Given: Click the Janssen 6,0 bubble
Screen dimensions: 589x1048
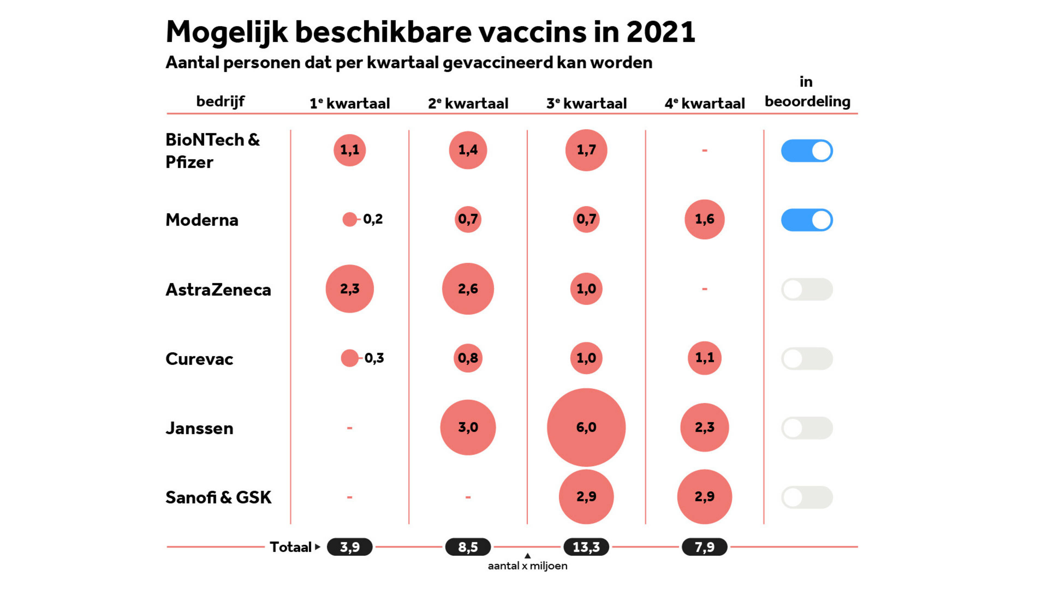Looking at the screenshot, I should (x=586, y=427).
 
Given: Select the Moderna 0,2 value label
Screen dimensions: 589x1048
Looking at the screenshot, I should (x=373, y=219).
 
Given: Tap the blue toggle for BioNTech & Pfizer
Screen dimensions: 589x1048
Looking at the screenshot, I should (x=807, y=151).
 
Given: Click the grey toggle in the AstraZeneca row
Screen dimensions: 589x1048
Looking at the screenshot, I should (x=807, y=289).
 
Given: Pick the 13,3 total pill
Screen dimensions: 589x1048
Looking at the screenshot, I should (x=586, y=547).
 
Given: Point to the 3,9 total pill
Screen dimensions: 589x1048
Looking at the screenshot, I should (x=349, y=547).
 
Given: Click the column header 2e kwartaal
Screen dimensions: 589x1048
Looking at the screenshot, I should (x=468, y=103).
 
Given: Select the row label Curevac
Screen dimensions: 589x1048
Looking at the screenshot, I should (x=199, y=359).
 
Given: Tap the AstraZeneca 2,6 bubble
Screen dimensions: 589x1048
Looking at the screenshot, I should (x=468, y=289).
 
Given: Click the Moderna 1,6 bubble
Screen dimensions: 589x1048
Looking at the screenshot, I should (x=704, y=219).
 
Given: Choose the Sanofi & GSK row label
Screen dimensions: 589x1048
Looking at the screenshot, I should (x=218, y=497).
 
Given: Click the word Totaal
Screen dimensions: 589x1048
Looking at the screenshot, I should (x=290, y=547).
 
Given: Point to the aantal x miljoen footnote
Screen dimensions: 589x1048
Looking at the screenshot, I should (x=527, y=566).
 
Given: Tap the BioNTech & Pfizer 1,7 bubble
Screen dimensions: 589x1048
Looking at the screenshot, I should (x=586, y=150).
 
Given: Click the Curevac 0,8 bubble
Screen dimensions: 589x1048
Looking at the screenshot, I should (x=468, y=358).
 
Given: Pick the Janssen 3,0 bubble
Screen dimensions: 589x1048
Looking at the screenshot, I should (x=468, y=427).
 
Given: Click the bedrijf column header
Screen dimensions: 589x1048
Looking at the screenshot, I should (x=220, y=101).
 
